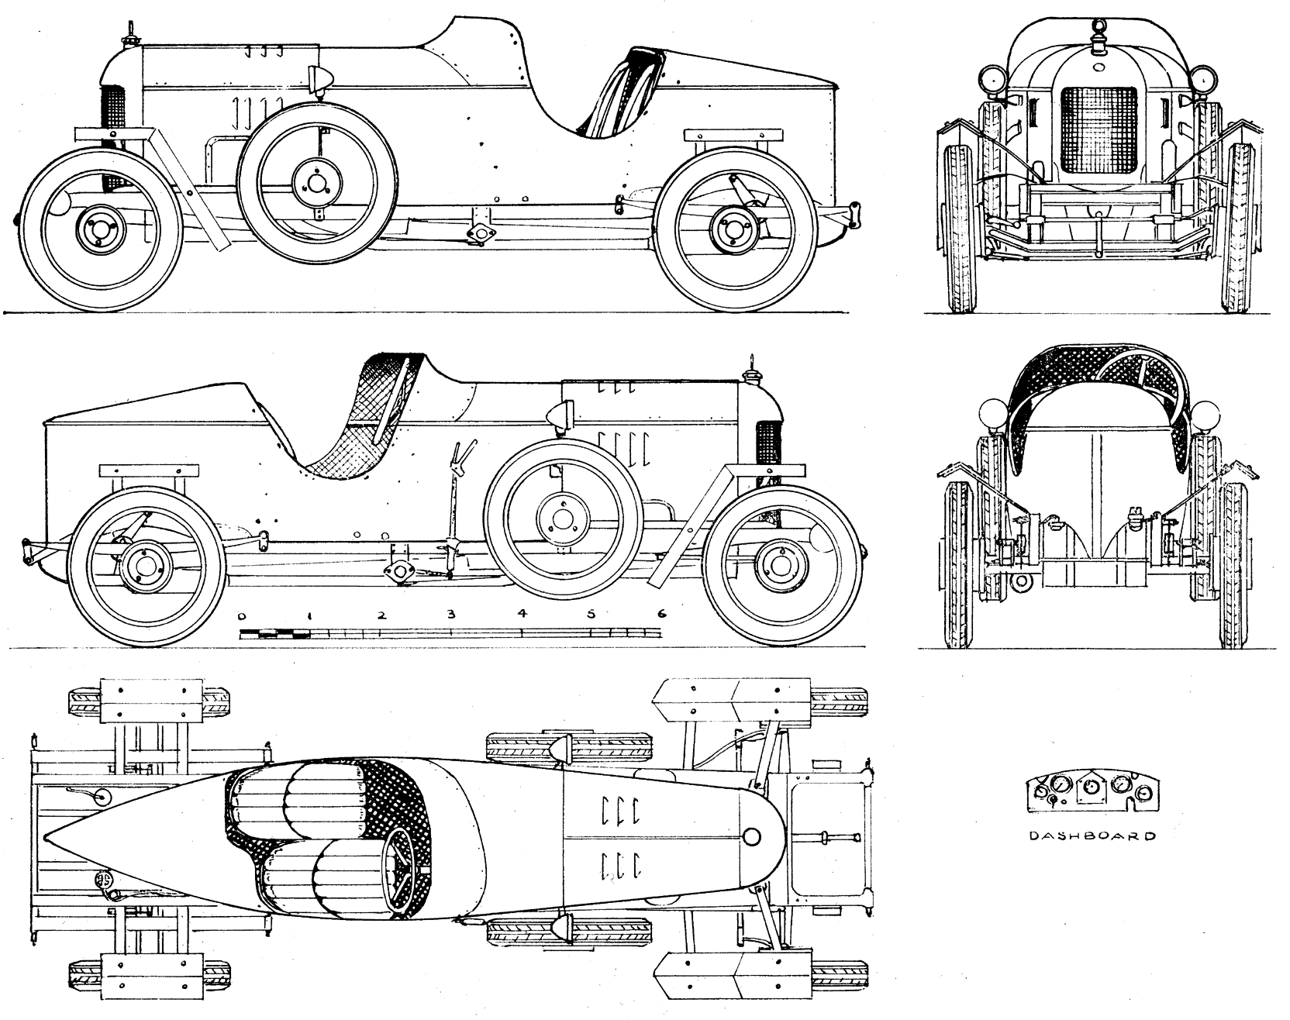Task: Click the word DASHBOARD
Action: tap(1092, 836)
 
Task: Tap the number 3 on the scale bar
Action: tap(450, 615)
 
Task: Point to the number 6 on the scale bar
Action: tap(661, 613)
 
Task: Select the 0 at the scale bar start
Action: tap(243, 616)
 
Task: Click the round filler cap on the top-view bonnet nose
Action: tap(750, 836)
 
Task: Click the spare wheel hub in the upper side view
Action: tap(316, 183)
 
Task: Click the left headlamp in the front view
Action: tap(993, 78)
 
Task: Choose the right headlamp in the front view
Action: tap(1203, 78)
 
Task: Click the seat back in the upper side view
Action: tap(620, 93)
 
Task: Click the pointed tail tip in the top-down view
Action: tap(47, 838)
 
